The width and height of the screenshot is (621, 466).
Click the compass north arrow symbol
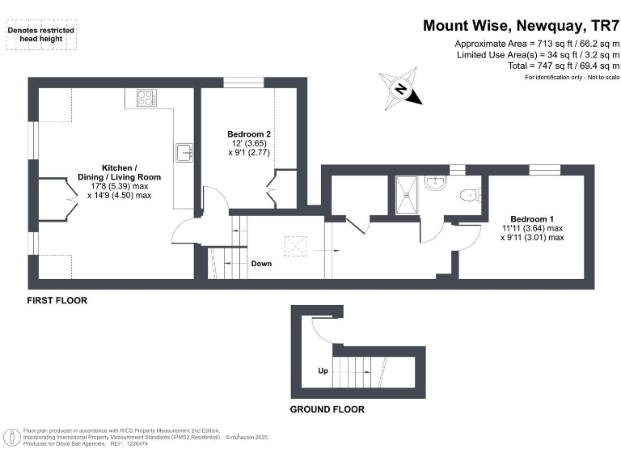pyautogui.click(x=401, y=89)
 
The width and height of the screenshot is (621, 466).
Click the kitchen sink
pyautogui.click(x=184, y=151)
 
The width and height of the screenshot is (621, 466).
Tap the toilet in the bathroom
pyautogui.click(x=469, y=195)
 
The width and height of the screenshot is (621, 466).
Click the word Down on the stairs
pyautogui.click(x=261, y=264)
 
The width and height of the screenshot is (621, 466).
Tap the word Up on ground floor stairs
pyautogui.click(x=323, y=372)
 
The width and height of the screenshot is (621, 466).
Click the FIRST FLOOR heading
pyautogui.click(x=57, y=301)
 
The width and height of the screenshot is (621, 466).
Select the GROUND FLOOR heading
pyautogui.click(x=327, y=409)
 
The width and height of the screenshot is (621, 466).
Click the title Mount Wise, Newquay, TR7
pyautogui.click(x=521, y=25)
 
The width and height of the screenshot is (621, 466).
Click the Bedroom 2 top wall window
pyautogui.click(x=243, y=81)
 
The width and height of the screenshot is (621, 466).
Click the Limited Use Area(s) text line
pyautogui.click(x=537, y=54)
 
